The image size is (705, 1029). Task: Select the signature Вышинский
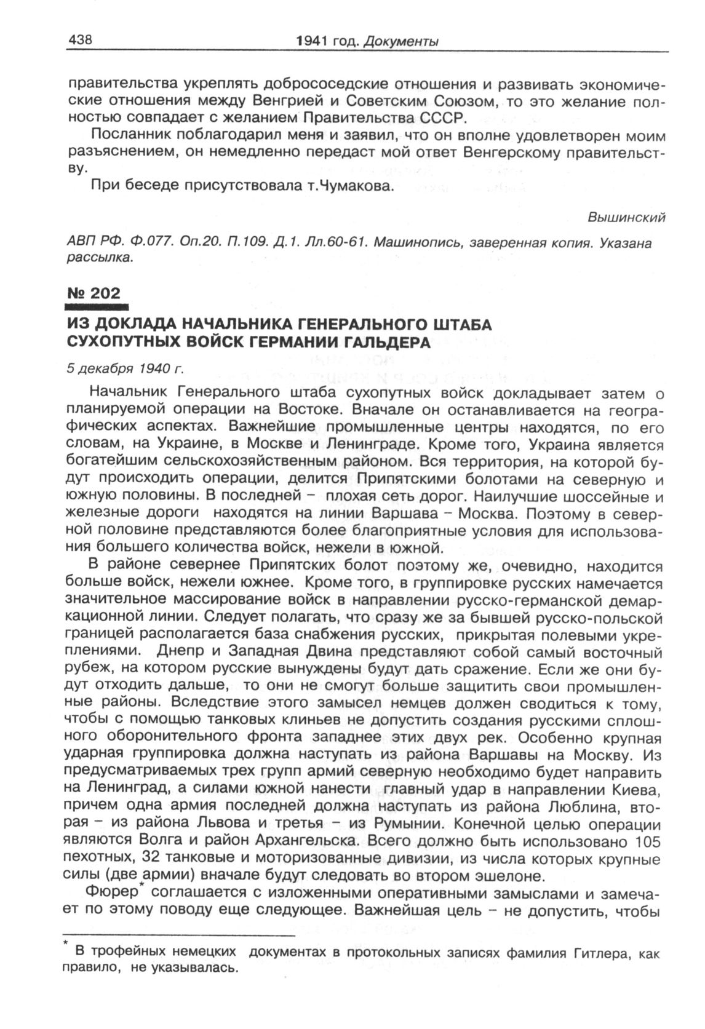point(627,218)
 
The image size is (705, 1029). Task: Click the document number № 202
point(94,293)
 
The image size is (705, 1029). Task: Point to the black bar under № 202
point(96,306)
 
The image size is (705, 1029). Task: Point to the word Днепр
point(177,652)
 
